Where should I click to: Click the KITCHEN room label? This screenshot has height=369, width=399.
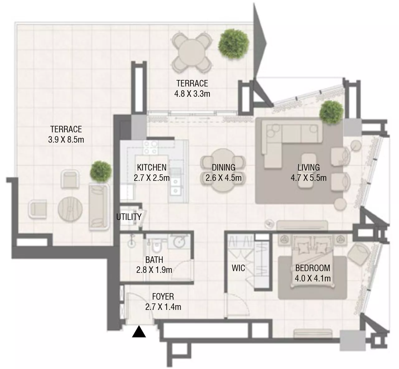[151, 167]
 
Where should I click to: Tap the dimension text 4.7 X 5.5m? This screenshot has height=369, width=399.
[309, 178]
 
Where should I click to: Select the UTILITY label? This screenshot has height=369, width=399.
[129, 217]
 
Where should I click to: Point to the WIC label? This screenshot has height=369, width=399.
[238, 268]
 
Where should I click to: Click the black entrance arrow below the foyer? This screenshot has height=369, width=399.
[139, 332]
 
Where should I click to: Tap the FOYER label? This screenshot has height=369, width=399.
[163, 297]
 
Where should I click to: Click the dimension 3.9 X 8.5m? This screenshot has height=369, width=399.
[66, 139]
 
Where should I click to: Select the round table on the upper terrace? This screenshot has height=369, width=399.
[191, 52]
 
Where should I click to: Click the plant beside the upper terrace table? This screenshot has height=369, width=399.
[233, 44]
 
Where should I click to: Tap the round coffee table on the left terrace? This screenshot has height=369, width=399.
[70, 209]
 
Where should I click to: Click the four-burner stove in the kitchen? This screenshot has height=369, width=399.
[150, 147]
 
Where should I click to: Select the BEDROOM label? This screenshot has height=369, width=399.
[313, 268]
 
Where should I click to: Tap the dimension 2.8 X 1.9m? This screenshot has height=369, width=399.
[154, 270]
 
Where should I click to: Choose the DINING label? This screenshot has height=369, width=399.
[224, 167]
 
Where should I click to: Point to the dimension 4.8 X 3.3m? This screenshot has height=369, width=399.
[192, 93]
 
